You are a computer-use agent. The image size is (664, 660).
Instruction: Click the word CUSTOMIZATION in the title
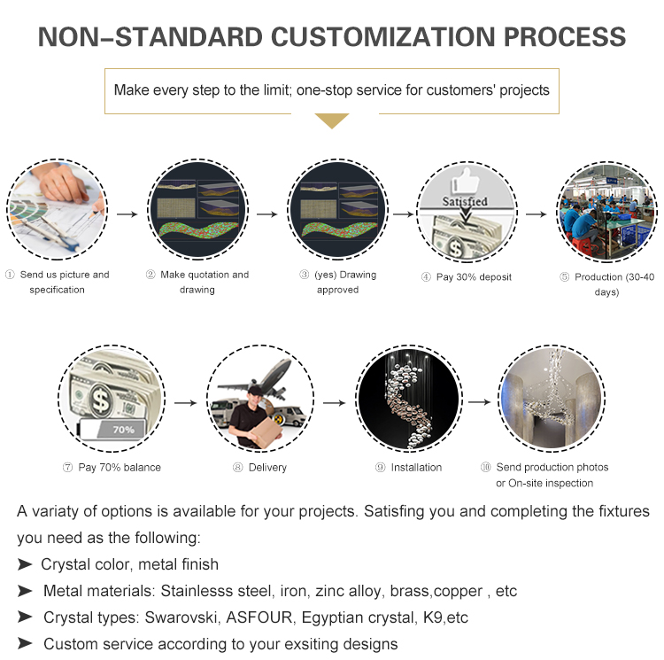click(382, 37)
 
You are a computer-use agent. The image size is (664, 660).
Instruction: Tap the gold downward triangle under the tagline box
click(332, 120)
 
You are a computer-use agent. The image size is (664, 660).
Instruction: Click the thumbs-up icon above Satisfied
click(466, 181)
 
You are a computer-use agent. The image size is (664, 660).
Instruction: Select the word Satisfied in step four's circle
click(465, 201)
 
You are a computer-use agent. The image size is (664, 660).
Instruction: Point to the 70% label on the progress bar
click(123, 430)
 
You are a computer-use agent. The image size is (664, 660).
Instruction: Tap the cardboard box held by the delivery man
click(266, 433)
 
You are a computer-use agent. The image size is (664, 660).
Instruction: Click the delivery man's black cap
click(255, 390)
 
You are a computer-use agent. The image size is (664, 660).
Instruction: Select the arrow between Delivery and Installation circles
click(335, 402)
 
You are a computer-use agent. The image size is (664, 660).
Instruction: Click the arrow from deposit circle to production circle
click(536, 214)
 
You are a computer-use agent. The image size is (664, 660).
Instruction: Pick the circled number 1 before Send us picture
click(10, 275)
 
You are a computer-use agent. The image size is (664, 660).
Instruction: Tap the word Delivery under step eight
click(267, 467)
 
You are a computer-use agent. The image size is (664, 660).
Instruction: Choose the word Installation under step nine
click(416, 467)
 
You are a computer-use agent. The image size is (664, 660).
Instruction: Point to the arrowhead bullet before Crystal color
click(25, 564)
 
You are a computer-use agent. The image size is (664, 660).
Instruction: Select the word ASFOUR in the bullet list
click(259, 617)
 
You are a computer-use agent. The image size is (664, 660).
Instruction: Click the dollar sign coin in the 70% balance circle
click(101, 400)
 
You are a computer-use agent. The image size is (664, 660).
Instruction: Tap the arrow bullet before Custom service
click(25, 643)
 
